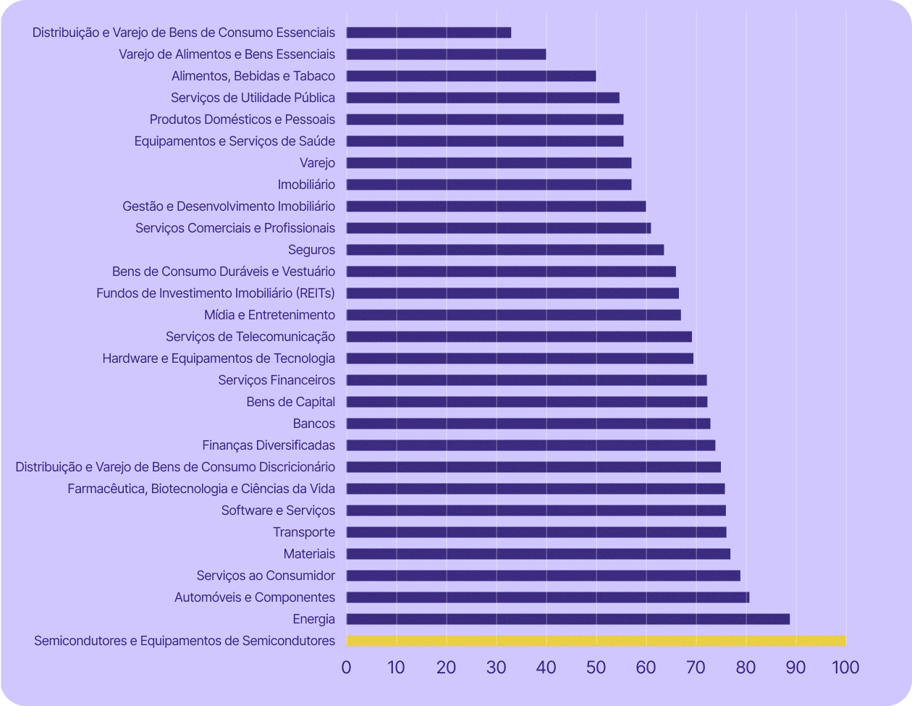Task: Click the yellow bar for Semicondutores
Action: click(596, 641)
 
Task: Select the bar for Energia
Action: click(567, 619)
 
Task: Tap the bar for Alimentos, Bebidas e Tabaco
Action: click(471, 76)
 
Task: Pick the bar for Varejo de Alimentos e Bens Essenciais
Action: click(446, 54)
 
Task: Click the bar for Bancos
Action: click(528, 424)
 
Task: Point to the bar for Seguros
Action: click(505, 250)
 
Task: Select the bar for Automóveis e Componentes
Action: click(548, 597)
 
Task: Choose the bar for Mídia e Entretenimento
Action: click(514, 315)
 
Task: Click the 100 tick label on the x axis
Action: click(845, 667)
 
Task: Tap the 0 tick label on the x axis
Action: click(347, 667)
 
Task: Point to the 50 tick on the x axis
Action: click(596, 667)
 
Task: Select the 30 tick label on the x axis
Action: click(497, 667)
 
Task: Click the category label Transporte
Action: click(304, 532)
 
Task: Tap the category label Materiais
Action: click(309, 554)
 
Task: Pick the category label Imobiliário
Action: click(306, 185)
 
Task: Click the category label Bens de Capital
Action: click(291, 402)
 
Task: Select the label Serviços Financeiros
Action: click(276, 380)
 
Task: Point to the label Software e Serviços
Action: click(278, 510)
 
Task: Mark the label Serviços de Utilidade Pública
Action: click(253, 98)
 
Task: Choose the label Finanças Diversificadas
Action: click(269, 445)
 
